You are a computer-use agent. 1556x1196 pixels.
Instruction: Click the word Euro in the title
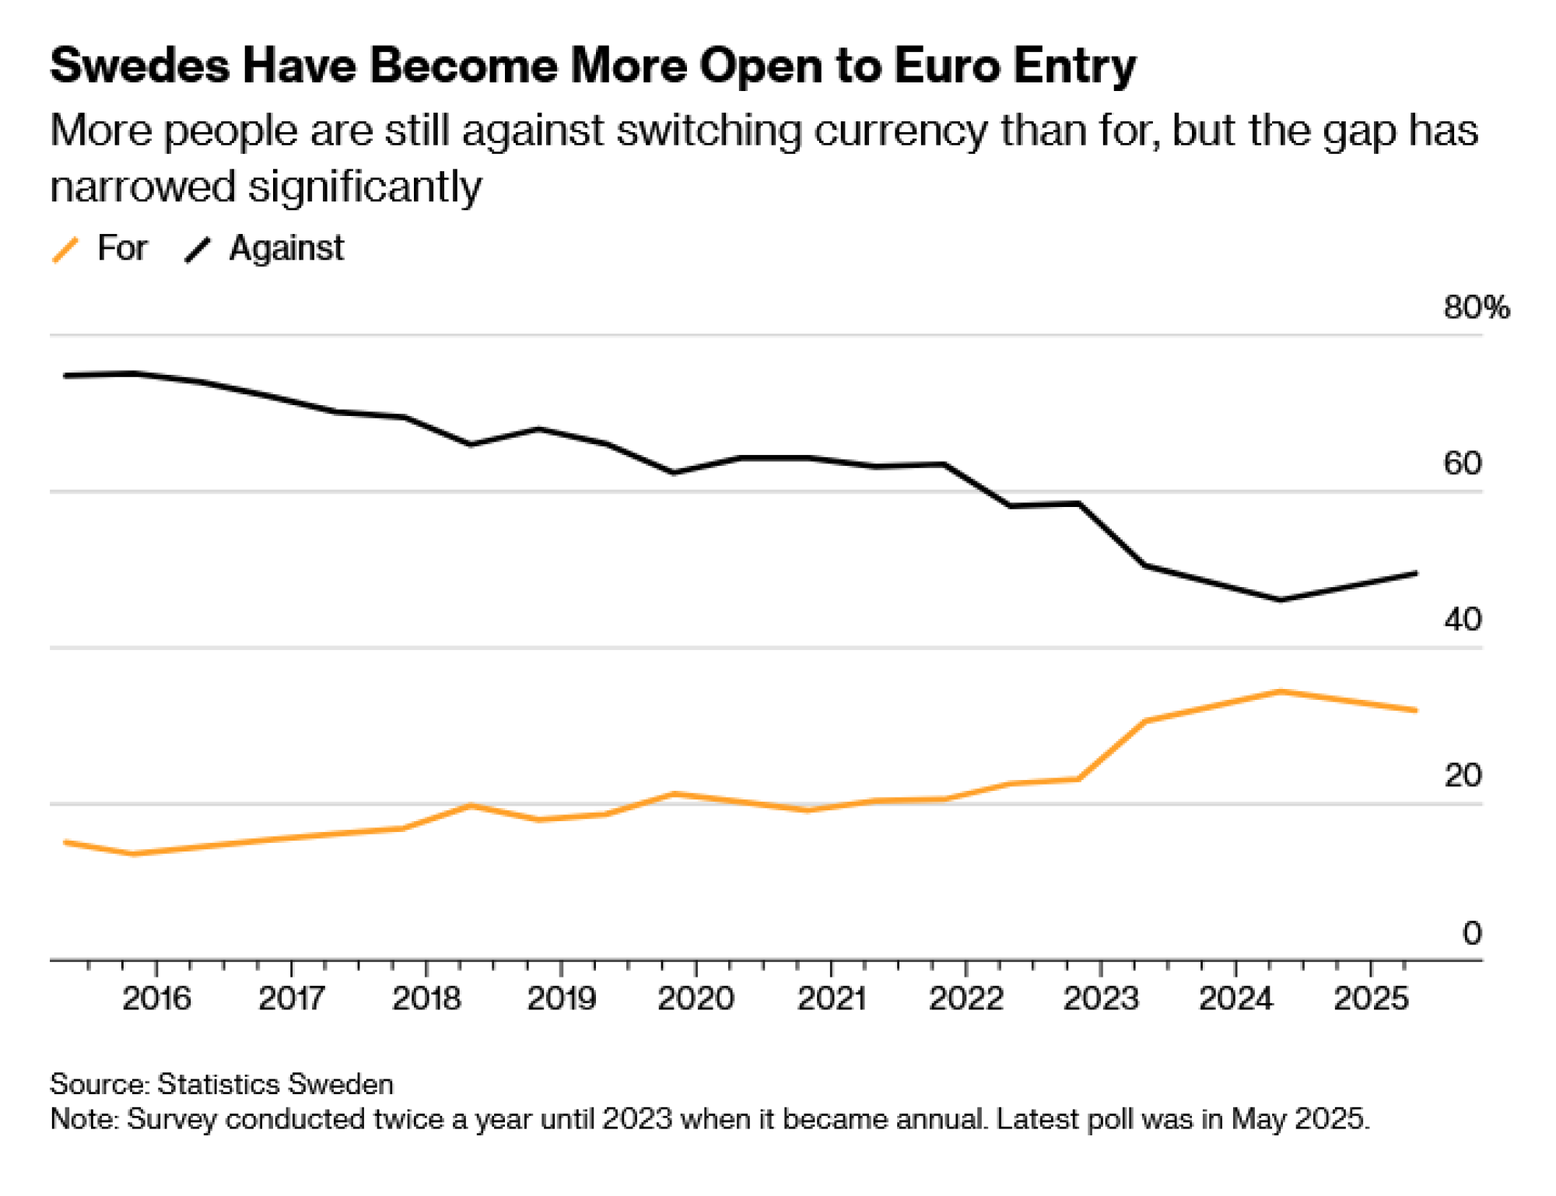coord(947,65)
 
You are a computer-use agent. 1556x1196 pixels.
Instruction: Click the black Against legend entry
coord(265,249)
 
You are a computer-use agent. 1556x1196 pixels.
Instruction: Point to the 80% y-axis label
coord(1476,308)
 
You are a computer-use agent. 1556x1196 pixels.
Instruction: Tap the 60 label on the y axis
coord(1462,463)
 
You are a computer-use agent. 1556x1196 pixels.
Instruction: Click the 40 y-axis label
coord(1462,620)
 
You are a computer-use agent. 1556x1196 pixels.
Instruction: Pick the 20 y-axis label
coord(1462,776)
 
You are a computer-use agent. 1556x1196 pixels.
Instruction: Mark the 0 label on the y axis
coord(1471,932)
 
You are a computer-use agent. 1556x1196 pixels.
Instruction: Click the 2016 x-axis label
coord(156,998)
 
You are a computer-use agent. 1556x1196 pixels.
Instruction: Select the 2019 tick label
coord(561,998)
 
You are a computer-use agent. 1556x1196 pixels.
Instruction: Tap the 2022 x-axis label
coord(965,998)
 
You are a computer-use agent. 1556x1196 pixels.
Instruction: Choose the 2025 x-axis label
coord(1371,998)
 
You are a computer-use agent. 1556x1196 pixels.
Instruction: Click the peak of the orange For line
coord(1280,691)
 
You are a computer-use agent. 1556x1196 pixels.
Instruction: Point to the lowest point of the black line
coord(1280,600)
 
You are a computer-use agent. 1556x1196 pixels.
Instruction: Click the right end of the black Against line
coord(1415,574)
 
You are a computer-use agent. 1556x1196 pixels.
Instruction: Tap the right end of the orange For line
coord(1415,710)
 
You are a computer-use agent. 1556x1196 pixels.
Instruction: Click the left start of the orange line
coord(65,842)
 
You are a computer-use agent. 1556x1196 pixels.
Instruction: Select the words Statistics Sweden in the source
coord(275,1084)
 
